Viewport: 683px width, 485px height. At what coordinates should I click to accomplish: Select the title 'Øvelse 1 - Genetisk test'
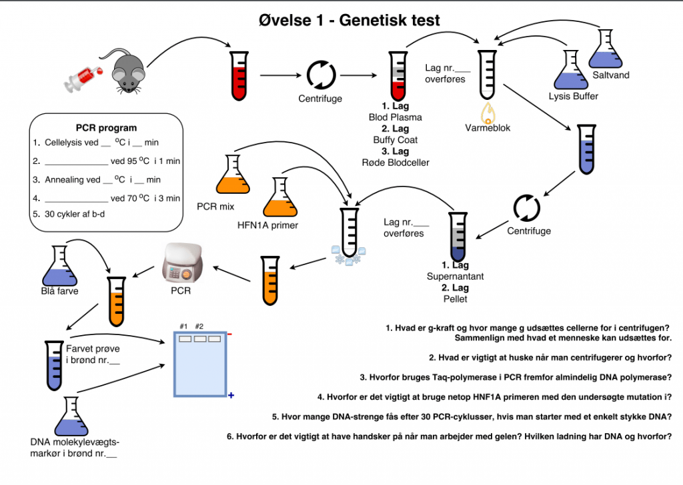pos(349,21)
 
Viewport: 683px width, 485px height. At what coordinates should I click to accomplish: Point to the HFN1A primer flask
pos(281,198)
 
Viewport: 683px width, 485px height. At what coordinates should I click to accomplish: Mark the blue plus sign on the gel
pos(231,396)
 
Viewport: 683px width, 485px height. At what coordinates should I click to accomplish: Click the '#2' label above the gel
pos(199,326)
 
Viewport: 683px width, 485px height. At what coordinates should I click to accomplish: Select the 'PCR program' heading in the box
pos(106,128)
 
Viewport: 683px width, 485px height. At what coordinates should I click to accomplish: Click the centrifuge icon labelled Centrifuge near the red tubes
pos(321,74)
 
